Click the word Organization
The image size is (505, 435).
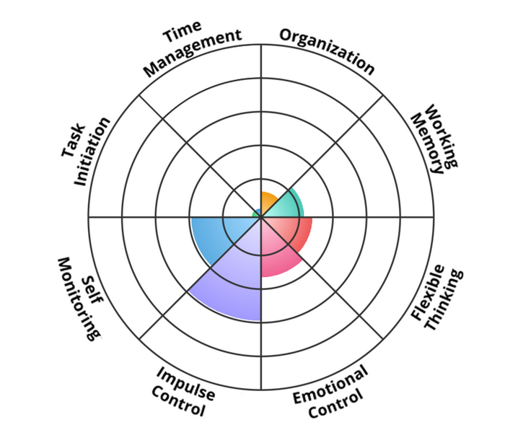click(327, 50)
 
